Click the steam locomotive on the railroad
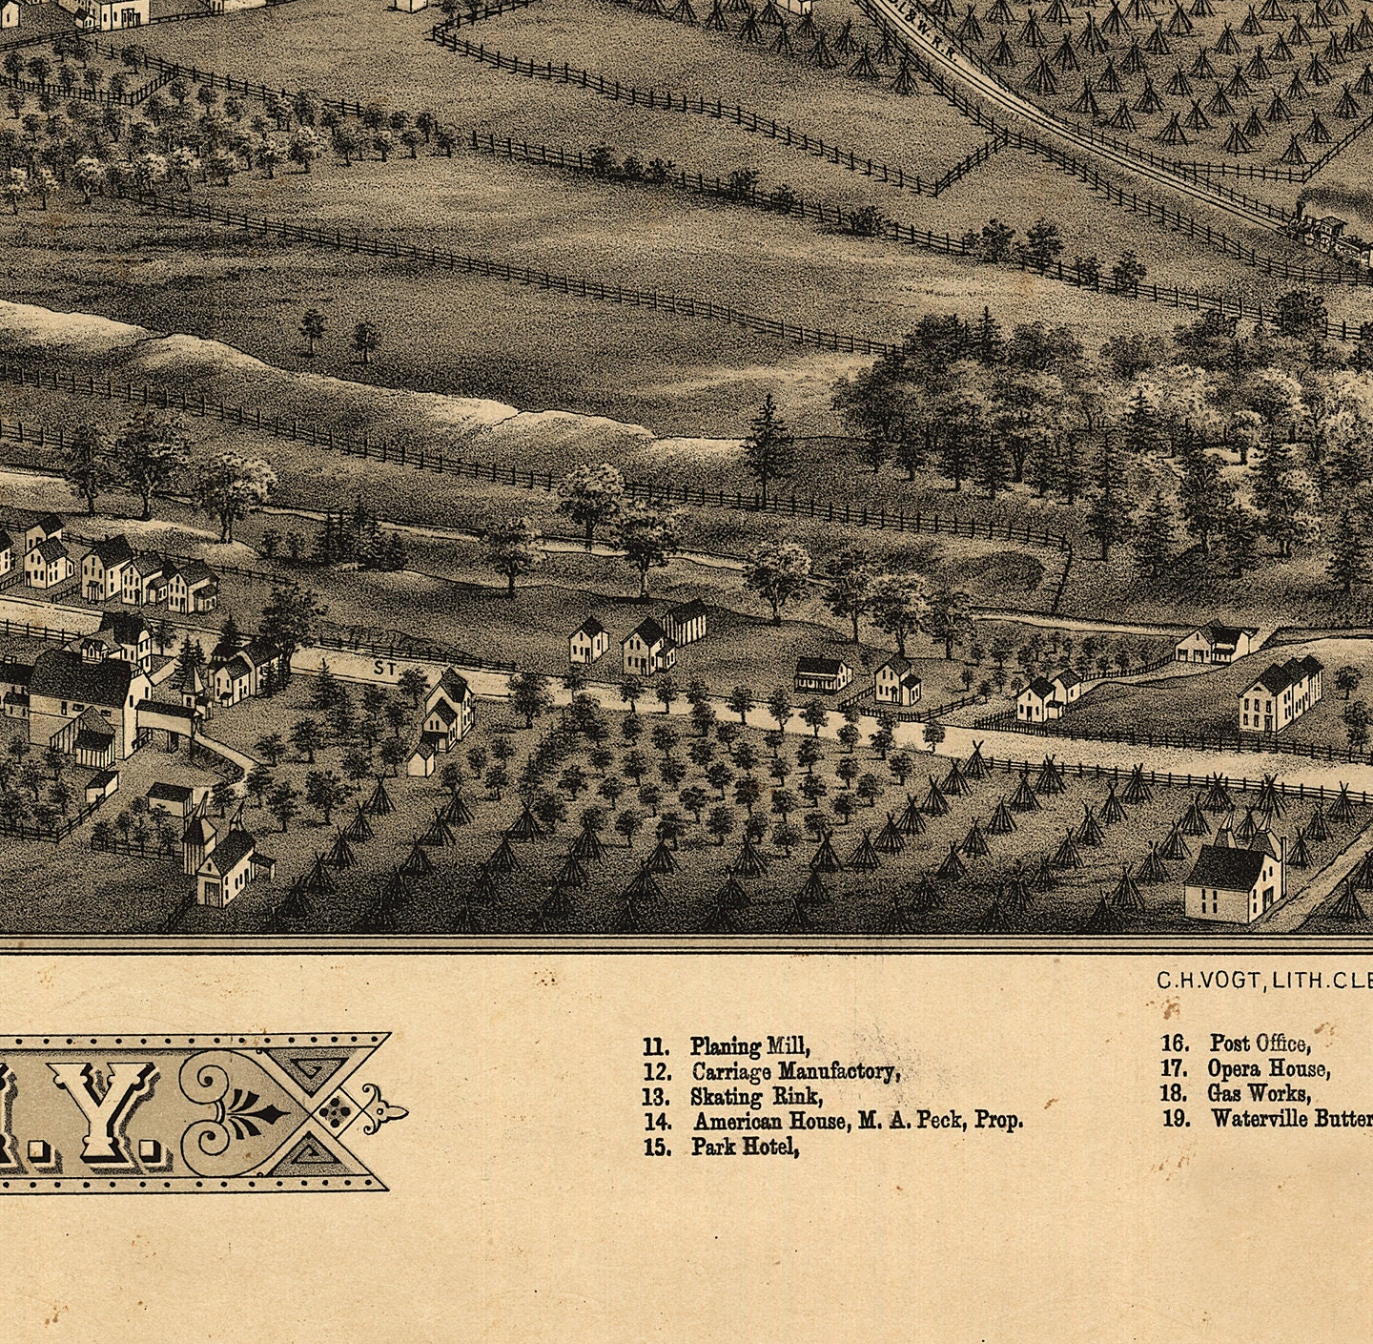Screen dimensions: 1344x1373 (x=1320, y=227)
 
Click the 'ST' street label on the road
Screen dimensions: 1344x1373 (x=385, y=671)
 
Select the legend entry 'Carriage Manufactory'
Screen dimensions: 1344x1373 (x=794, y=1071)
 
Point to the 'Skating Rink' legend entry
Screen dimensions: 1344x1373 (x=756, y=1096)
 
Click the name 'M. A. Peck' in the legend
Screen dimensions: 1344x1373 (x=912, y=1121)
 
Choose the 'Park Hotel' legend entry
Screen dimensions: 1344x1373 (x=745, y=1147)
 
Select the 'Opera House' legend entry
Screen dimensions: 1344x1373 (x=1268, y=1068)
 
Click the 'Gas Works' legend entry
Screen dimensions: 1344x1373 (x=1259, y=1093)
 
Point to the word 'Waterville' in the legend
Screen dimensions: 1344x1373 (x=1259, y=1118)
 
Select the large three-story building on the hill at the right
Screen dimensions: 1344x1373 (x=1280, y=694)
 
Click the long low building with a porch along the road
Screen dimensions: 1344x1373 (x=822, y=673)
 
